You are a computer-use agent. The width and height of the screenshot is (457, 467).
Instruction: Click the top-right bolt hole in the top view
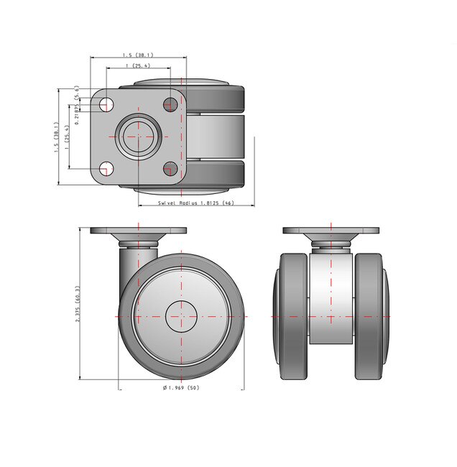click(x=170, y=104)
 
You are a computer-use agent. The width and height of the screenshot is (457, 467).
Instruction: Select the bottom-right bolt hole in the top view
click(x=170, y=169)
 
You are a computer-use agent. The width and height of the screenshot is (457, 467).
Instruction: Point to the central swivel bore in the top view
click(x=138, y=136)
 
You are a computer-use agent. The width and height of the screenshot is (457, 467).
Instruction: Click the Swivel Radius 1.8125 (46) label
click(x=196, y=203)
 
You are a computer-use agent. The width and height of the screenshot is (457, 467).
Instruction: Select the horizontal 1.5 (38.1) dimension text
click(x=137, y=55)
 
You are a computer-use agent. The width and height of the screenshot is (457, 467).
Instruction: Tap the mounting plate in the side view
click(x=138, y=231)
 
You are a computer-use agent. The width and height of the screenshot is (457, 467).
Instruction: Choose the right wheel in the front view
click(x=371, y=316)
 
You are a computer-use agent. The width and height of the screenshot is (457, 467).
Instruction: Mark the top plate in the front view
click(x=331, y=231)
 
